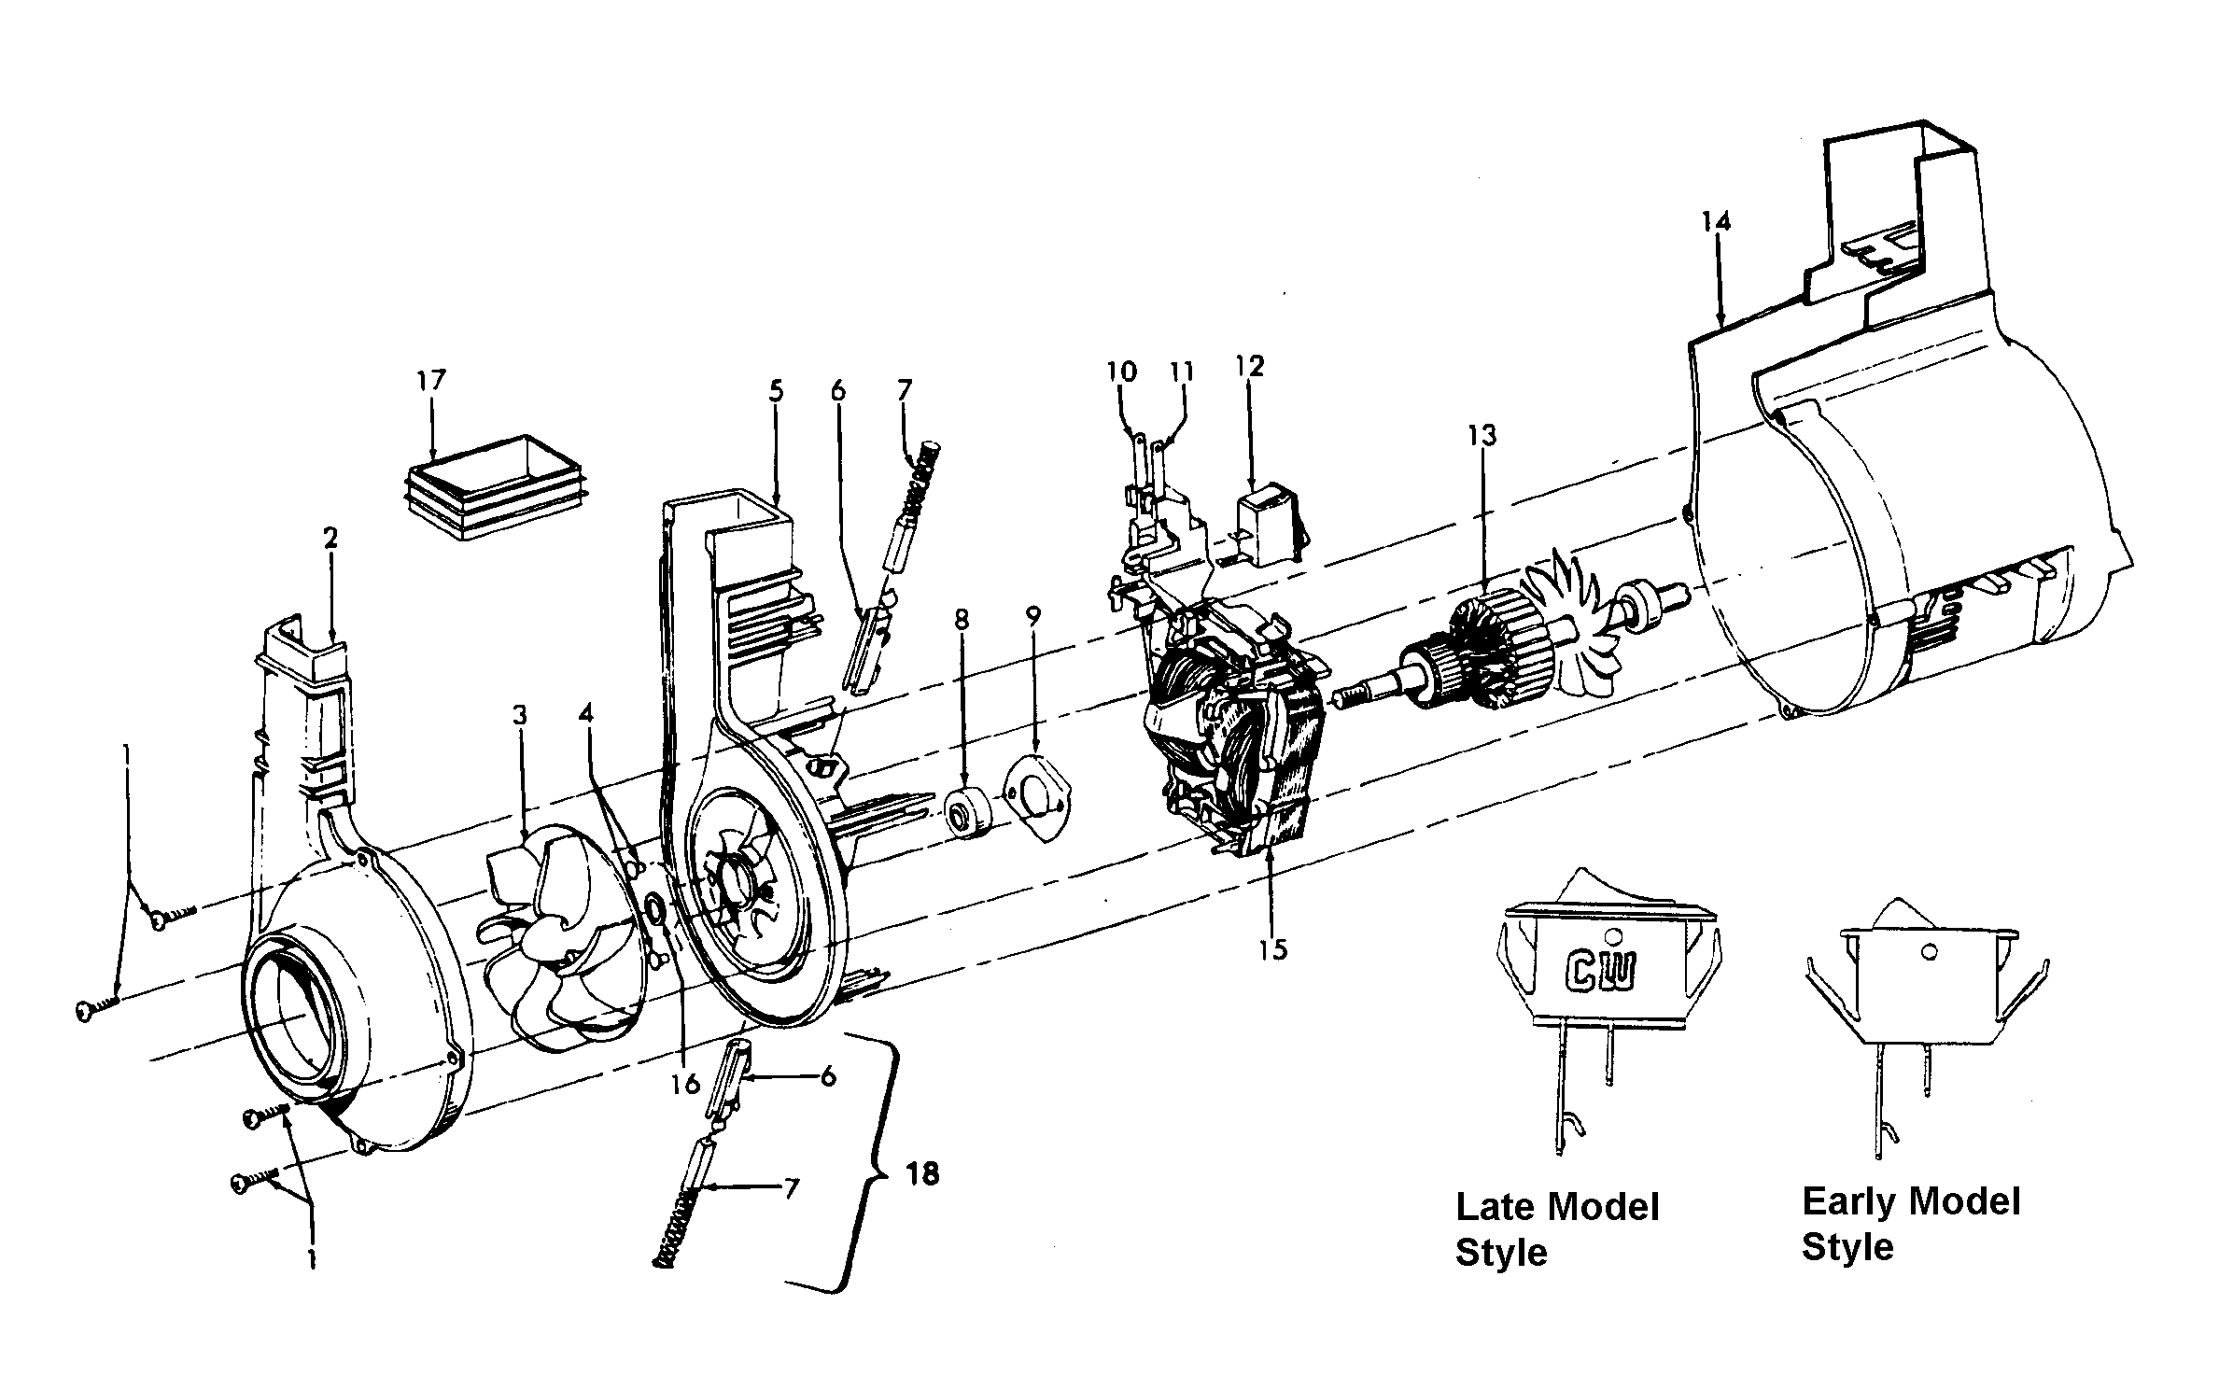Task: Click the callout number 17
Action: click(431, 381)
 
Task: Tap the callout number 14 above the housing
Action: click(1715, 221)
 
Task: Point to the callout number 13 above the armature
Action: click(1482, 435)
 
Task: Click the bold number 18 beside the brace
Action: click(922, 1173)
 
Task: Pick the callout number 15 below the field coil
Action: click(1272, 949)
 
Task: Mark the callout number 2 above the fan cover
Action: click(330, 539)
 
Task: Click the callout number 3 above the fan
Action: click(519, 716)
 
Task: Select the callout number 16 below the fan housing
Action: click(685, 1084)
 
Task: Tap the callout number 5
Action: click(776, 391)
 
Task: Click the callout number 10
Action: click(1122, 372)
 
